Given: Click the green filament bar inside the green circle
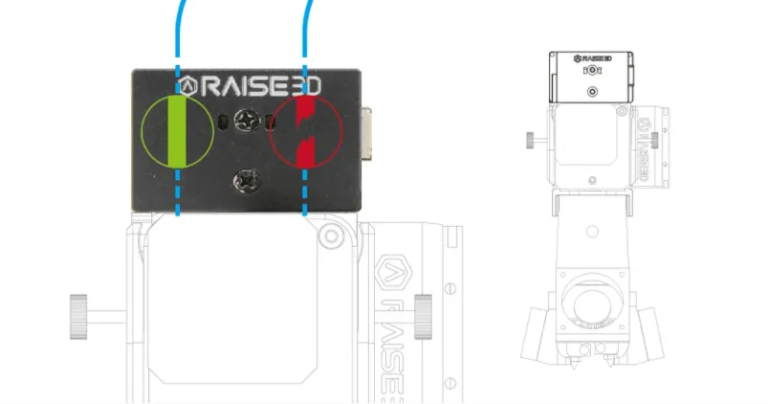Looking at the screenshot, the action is pos(177,131).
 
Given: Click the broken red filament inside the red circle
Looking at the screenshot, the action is pos(306,131).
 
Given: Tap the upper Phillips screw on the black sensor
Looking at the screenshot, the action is pos(247,121).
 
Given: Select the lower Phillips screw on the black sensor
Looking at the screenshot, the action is pos(247,181).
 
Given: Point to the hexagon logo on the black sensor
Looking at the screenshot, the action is pos(187,87).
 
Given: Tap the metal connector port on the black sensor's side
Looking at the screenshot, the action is pos(366,134).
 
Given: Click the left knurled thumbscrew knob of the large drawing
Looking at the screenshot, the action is pos(78,317).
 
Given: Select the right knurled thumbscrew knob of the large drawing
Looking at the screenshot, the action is pos(423,317).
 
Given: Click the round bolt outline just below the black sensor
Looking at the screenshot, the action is pos(331,236).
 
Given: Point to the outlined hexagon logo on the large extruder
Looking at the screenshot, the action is pos(393,273).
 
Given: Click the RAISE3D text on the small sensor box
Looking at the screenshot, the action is pos(593,58).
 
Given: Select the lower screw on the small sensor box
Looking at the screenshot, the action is pos(592,92).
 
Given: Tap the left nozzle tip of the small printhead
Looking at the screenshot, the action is pos(574,363).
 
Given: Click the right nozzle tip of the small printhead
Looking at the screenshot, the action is pos(610,363).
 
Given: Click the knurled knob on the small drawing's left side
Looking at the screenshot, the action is pos(532,140).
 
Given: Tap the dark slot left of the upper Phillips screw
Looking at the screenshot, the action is pos(223,123).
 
